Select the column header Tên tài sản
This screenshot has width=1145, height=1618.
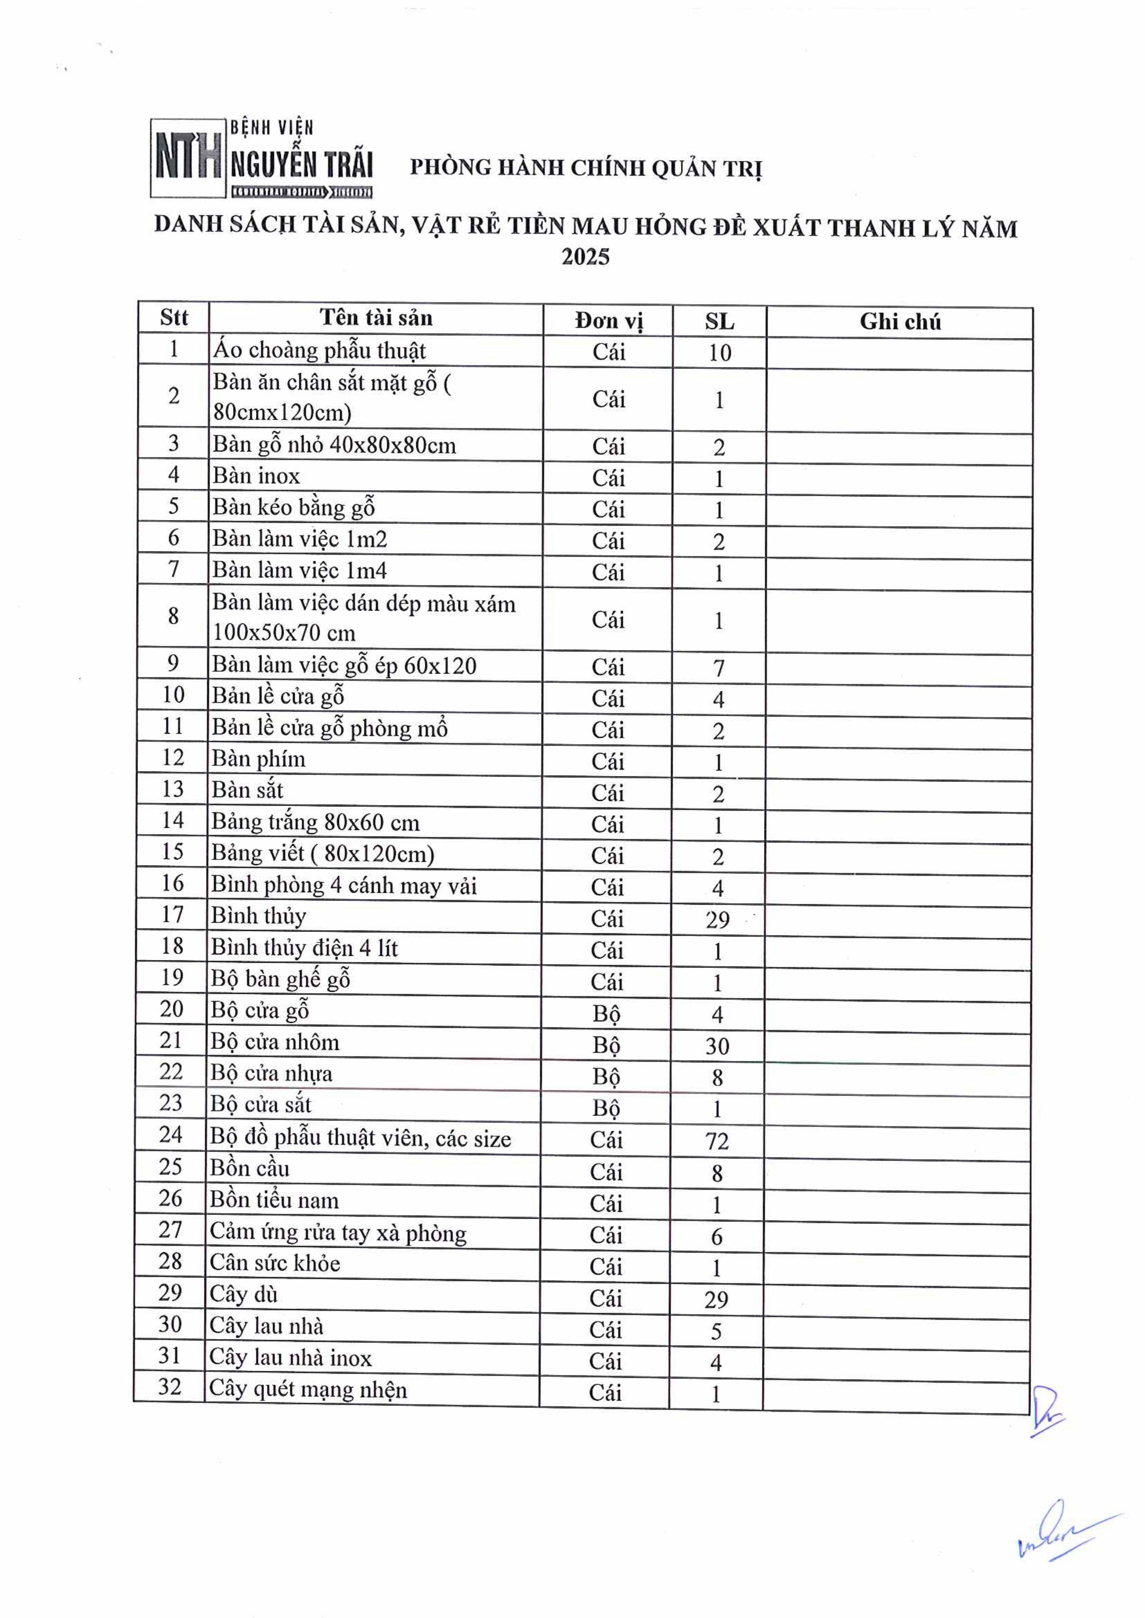[376, 318]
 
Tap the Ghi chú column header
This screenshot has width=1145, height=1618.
[900, 322]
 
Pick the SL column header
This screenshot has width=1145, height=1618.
[719, 322]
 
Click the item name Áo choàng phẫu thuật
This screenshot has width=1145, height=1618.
[319, 350]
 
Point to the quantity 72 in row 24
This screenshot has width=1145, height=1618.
[717, 1141]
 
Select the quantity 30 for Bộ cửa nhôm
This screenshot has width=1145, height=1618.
[717, 1046]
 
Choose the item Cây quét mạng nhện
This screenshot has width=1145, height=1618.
[308, 1389]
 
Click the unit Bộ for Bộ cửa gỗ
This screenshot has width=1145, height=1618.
[606, 1013]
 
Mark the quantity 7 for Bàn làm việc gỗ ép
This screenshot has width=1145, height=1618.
[718, 667]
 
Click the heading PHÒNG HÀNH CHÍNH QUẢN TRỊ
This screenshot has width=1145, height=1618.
[586, 168]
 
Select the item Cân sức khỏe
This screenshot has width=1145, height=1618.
[275, 1263]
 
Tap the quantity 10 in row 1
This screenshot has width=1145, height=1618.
[719, 352]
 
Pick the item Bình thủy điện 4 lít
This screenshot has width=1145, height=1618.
[304, 948]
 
